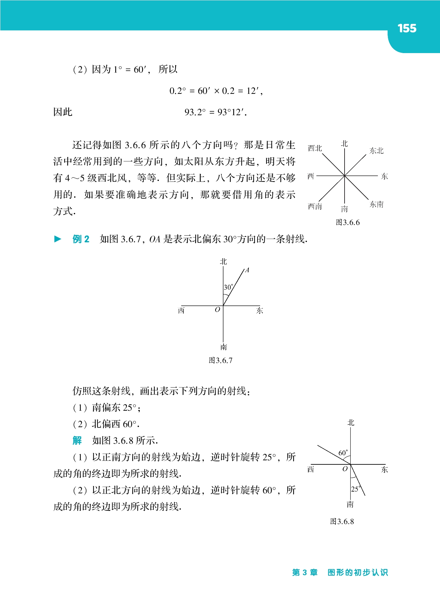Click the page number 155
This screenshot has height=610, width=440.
(407, 28)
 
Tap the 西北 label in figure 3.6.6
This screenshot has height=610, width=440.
(315, 148)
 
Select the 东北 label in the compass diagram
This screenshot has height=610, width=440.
(376, 151)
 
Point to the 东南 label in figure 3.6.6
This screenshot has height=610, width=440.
(377, 204)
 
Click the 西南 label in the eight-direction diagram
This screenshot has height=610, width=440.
(315, 206)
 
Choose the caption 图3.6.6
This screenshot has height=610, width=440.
(347, 222)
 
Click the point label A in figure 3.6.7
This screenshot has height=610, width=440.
(247, 270)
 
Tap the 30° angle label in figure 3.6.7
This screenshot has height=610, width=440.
(228, 287)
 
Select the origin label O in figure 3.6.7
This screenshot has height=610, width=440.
(217, 310)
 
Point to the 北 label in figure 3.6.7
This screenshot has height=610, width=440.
(223, 261)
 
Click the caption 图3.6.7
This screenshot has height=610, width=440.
(220, 360)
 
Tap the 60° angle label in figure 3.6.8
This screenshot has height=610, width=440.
(343, 453)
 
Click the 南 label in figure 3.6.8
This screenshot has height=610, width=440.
(350, 505)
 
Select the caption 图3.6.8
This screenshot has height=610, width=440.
(342, 521)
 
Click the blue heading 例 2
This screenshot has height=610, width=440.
(81, 239)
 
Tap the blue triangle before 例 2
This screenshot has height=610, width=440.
(58, 239)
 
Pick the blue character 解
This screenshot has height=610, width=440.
(77, 440)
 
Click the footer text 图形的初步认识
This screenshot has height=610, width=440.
(357, 572)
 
